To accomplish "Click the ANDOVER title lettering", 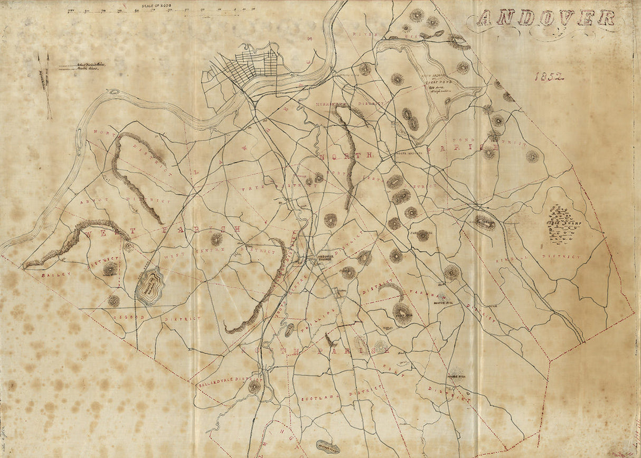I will [x=546, y=18].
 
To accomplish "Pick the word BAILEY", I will [x=52, y=275].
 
